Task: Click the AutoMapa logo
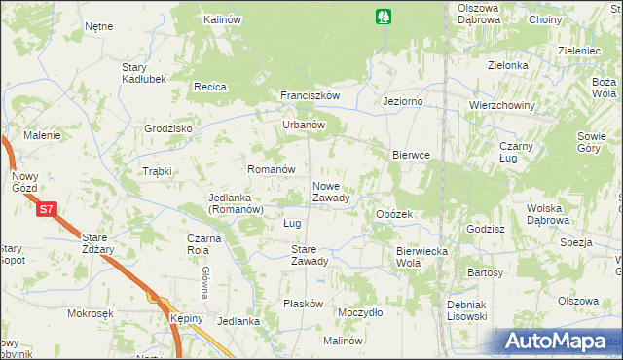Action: [x=558, y=342]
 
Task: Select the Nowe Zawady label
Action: [x=330, y=192]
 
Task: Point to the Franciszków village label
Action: [x=310, y=95]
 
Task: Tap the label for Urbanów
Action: [x=303, y=125]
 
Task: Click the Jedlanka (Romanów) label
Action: [x=237, y=203]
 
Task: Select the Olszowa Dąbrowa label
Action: [x=479, y=14]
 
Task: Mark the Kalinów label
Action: [x=222, y=19]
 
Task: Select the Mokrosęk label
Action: [x=91, y=313]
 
